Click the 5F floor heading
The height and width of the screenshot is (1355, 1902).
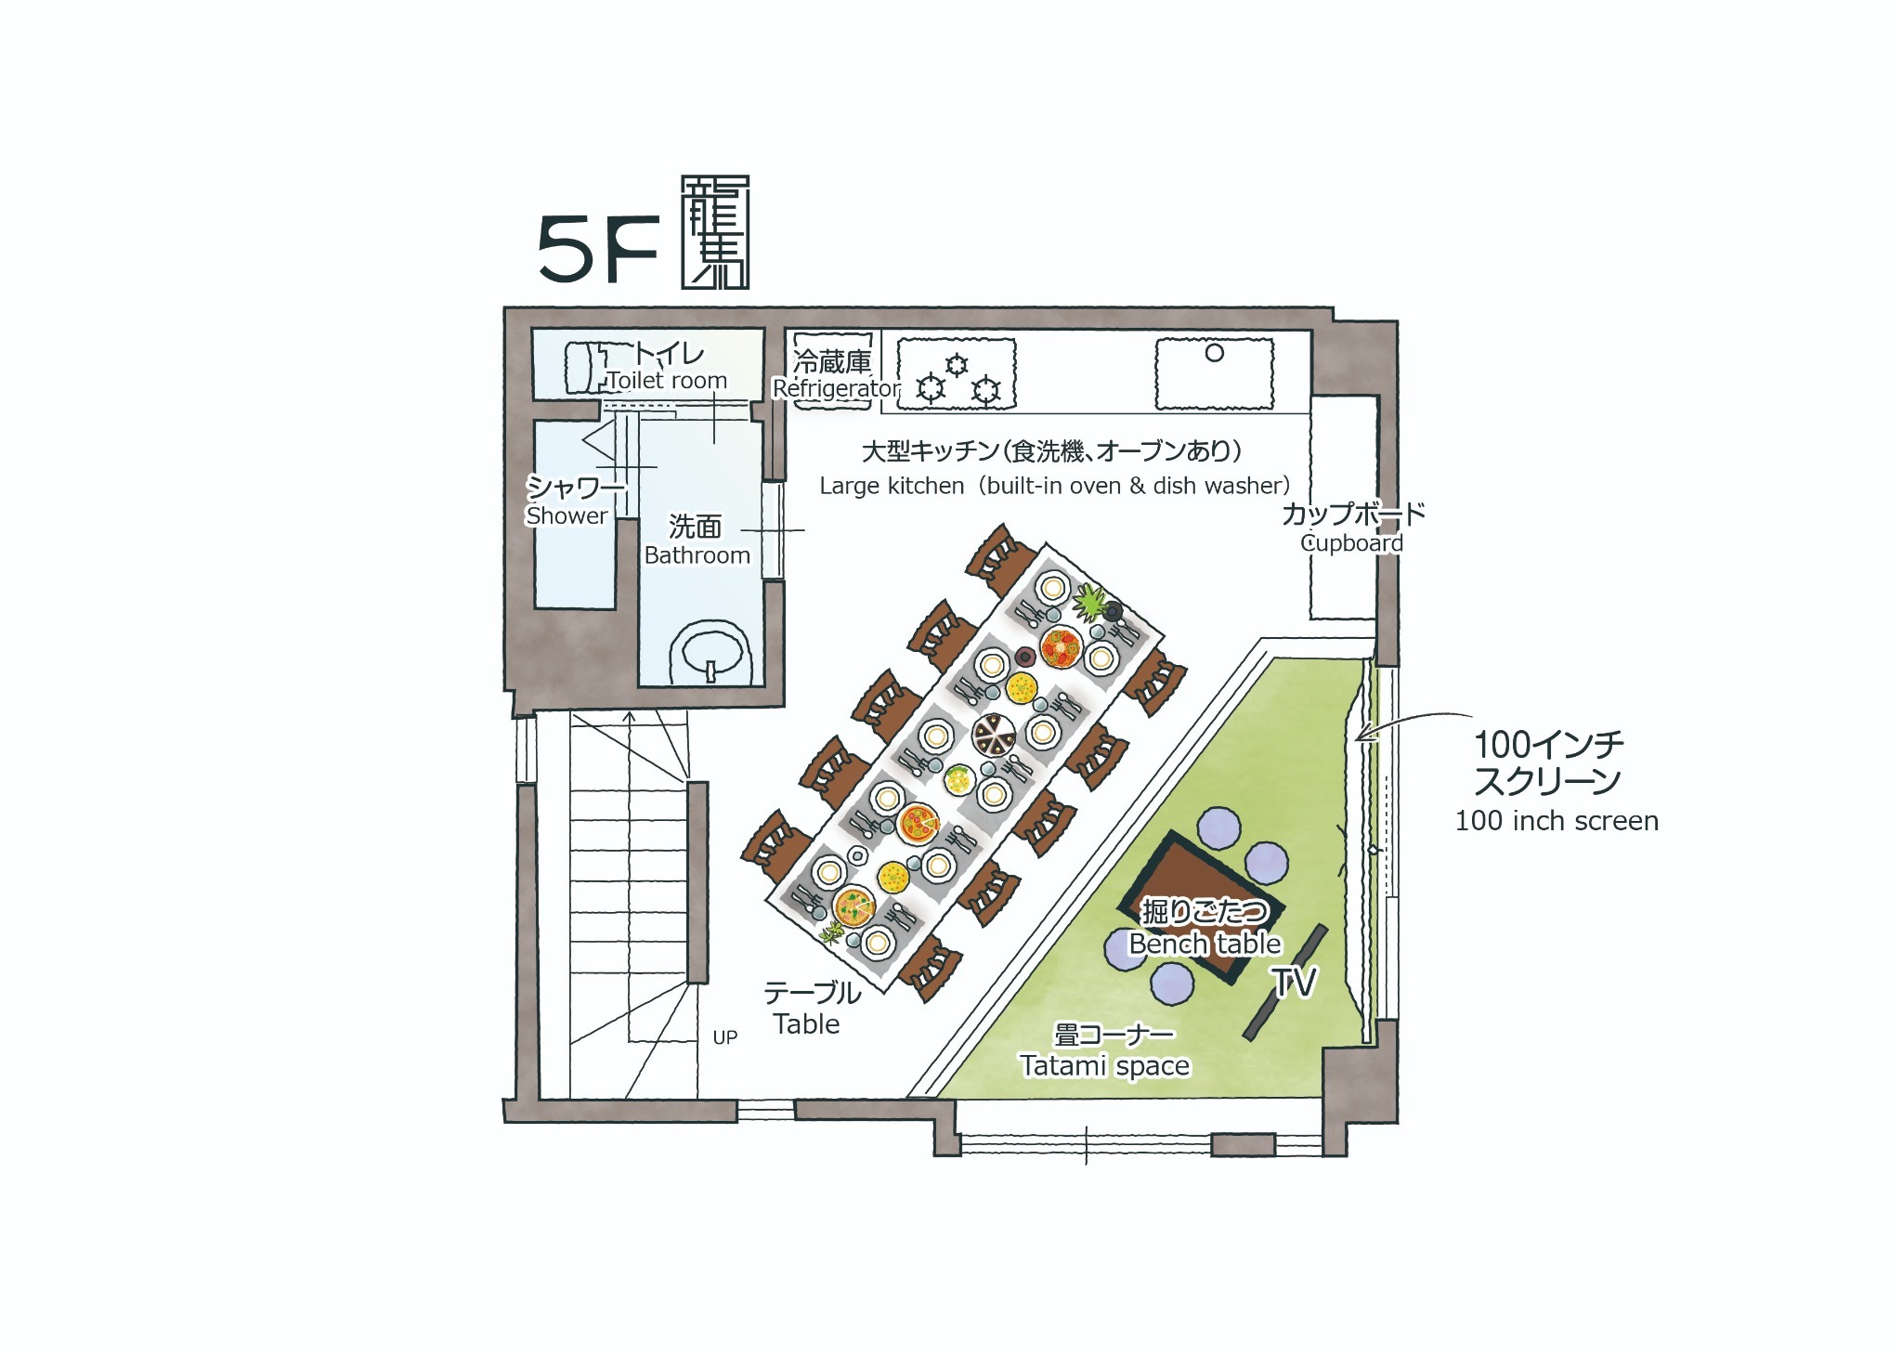pos(598,249)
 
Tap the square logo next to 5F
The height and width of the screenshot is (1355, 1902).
pos(715,232)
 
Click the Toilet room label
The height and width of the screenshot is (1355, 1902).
pos(667,381)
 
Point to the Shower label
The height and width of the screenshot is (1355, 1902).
pos(567,515)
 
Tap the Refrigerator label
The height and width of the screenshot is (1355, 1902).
pos(836,388)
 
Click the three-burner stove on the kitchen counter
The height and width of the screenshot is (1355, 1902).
pos(957,374)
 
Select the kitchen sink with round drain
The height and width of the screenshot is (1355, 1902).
pos(1214,374)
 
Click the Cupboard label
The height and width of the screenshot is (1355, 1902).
pos(1351,543)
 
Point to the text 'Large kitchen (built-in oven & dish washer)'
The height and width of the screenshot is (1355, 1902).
pos(1054,486)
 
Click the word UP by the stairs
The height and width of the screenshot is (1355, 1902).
pos(725,1037)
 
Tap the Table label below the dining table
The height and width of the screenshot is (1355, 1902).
pos(806,1024)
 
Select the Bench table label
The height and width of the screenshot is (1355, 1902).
pos(1205,944)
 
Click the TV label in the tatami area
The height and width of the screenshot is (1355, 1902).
pos(1294,982)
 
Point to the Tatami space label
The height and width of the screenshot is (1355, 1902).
pos(1104,1065)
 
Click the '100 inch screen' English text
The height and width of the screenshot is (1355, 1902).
pos(1557,821)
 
